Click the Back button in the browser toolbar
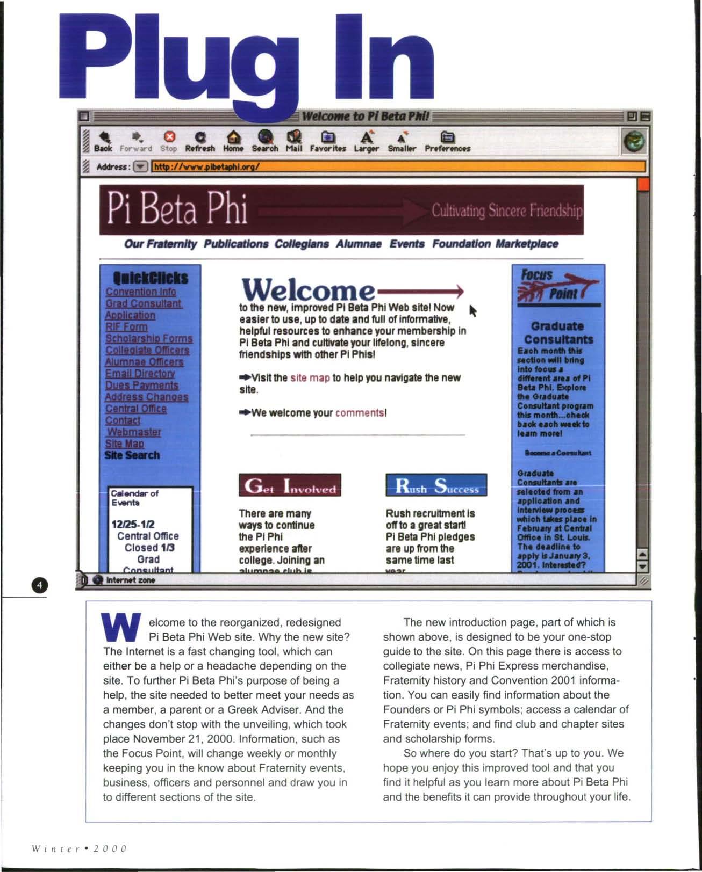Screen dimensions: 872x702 tap(103, 141)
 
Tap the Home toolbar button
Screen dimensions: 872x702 tap(233, 141)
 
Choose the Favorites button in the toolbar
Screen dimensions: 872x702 tap(328, 141)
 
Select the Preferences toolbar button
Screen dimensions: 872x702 tap(447, 141)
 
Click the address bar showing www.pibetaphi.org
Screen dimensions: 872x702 tap(398, 167)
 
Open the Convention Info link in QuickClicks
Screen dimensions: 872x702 tap(141, 292)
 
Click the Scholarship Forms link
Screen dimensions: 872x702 tap(149, 338)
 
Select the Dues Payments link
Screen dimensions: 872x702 tap(141, 385)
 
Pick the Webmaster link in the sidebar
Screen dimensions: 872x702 tap(134, 432)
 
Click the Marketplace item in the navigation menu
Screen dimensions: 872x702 tap(527, 244)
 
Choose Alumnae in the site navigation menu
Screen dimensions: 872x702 tap(359, 244)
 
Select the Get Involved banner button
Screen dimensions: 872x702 tap(290, 485)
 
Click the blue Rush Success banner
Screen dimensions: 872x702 tap(436, 485)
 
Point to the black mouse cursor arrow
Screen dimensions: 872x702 tap(473, 310)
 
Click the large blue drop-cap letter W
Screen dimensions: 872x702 tap(121, 628)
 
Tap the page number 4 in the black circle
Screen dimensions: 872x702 tap(40, 585)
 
